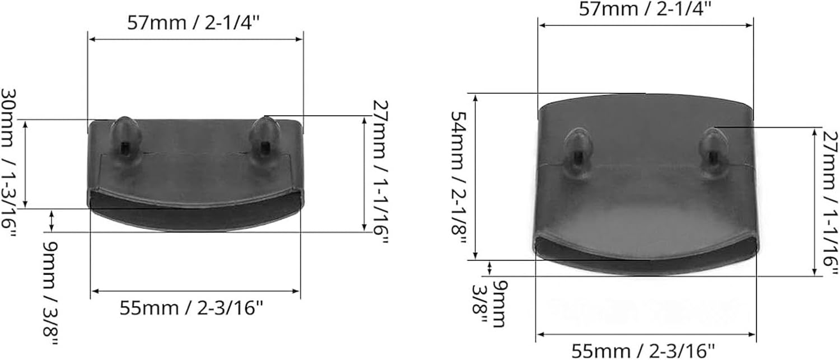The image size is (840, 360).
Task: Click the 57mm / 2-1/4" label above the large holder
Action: (x=645, y=9)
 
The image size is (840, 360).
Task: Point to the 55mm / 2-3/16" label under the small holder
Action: (x=191, y=308)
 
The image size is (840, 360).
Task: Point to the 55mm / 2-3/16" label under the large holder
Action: (x=643, y=351)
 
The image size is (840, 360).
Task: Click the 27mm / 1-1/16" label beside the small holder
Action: (x=380, y=173)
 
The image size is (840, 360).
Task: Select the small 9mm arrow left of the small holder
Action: (x=52, y=220)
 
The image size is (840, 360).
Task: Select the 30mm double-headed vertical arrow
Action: (x=25, y=164)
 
